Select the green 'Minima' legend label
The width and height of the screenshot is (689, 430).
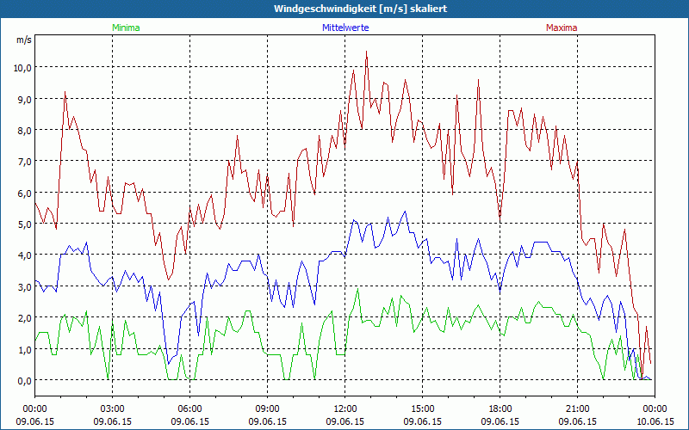point(125,28)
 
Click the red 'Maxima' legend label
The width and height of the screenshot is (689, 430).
point(561,28)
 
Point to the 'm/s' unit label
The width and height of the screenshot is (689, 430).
point(23,40)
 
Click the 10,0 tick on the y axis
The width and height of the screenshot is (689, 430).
point(21,68)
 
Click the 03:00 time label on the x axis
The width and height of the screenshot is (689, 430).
point(113,408)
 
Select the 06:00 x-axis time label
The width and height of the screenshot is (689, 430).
point(190,408)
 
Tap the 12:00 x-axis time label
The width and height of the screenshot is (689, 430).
point(345,408)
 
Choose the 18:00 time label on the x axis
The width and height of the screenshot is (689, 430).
point(500,408)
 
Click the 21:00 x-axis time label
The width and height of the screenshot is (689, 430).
point(578,408)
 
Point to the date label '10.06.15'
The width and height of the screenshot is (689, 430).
point(655,421)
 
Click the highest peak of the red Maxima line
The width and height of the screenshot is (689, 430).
point(366,52)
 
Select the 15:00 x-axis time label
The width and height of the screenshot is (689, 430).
point(423,408)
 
